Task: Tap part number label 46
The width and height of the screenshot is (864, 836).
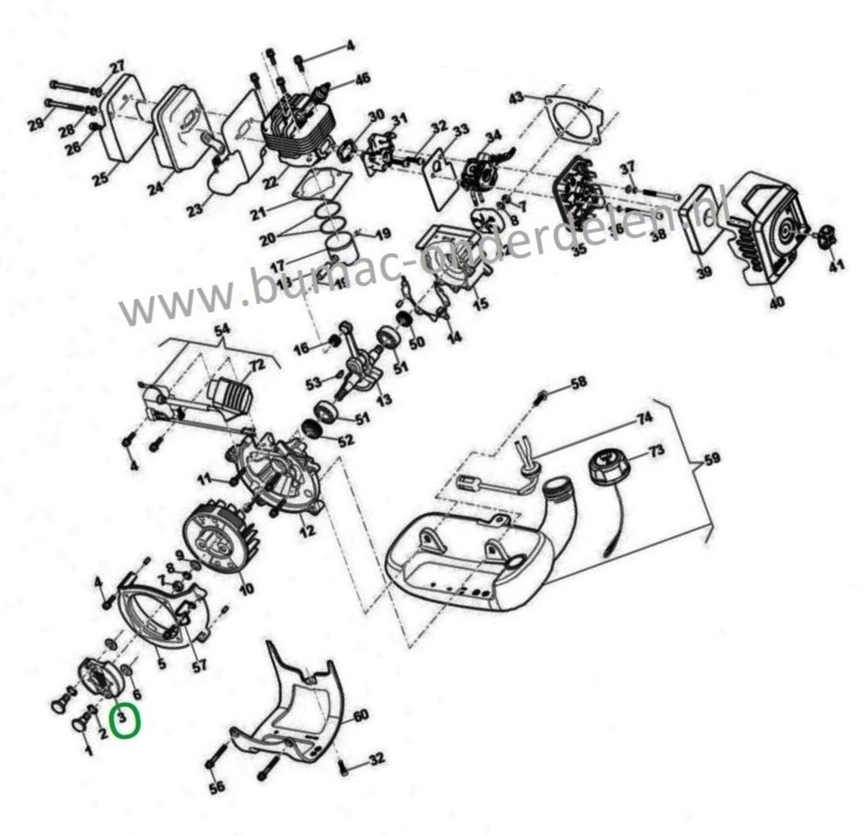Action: (x=362, y=79)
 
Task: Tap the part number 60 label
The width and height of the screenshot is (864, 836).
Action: (x=359, y=716)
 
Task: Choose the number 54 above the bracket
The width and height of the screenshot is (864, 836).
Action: (x=222, y=331)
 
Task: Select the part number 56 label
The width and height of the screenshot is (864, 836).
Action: (x=216, y=786)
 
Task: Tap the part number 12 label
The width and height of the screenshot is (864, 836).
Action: (x=306, y=532)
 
